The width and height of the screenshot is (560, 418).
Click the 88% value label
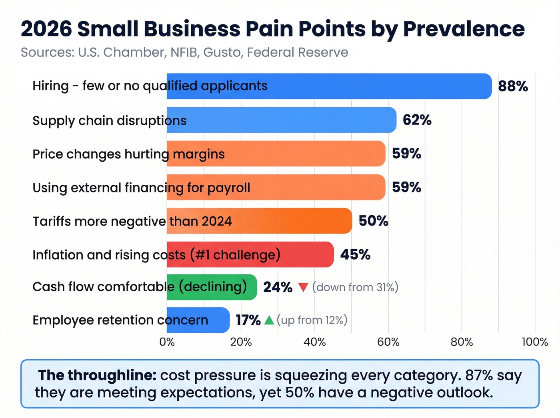click(x=513, y=86)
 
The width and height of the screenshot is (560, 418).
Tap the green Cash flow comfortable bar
click(x=212, y=287)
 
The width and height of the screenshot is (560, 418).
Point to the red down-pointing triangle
click(x=303, y=287)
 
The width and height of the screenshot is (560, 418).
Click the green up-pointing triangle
click(x=269, y=320)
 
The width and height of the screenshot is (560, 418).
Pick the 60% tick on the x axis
click(x=388, y=342)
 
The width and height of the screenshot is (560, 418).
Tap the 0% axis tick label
click(x=167, y=342)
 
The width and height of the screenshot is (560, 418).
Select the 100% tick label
click(x=535, y=342)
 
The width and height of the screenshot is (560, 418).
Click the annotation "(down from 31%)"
click(x=355, y=287)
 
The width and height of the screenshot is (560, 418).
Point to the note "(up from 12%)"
click(x=312, y=320)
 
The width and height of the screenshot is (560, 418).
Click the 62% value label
click(x=417, y=120)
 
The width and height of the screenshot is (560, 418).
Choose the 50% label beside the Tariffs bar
click(x=373, y=221)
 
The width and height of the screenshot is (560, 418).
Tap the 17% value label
click(x=248, y=320)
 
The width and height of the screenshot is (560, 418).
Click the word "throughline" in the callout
click(x=112, y=375)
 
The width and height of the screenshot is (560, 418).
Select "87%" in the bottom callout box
click(x=479, y=375)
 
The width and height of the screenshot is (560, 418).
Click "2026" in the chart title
click(x=46, y=29)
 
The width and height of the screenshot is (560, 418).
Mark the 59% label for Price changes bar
click(x=406, y=154)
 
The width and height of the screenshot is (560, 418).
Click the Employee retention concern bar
click(x=198, y=320)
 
